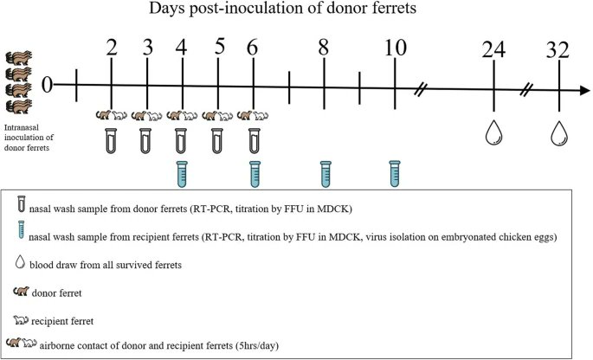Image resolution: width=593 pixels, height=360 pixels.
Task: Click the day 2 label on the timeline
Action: tap(112, 48)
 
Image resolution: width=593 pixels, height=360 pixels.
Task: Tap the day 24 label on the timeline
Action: tap(493, 50)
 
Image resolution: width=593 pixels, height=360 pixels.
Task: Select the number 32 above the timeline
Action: tap(560, 50)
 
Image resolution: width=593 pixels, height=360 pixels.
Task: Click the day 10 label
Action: tap(396, 48)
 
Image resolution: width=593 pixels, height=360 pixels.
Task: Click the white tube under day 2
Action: tap(112, 139)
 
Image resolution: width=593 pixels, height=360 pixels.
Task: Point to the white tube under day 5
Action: tap(218, 139)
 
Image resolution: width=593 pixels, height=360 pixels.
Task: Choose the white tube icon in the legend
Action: tap(19, 208)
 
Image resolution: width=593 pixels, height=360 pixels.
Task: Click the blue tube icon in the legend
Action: tap(19, 234)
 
